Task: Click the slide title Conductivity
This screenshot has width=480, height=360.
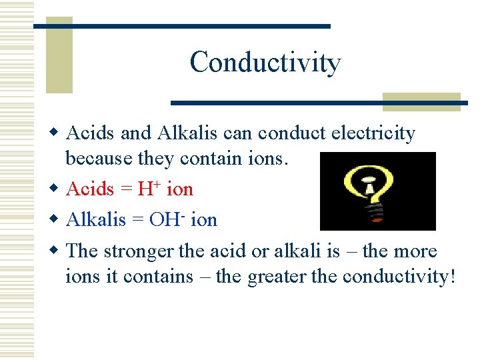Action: pos(265,63)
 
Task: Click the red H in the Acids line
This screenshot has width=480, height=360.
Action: pos(145,189)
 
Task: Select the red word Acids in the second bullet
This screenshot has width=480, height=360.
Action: pos(91,189)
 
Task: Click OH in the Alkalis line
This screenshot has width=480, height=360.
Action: pos(163,220)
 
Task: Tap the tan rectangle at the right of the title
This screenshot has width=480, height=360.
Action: pos(421,101)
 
